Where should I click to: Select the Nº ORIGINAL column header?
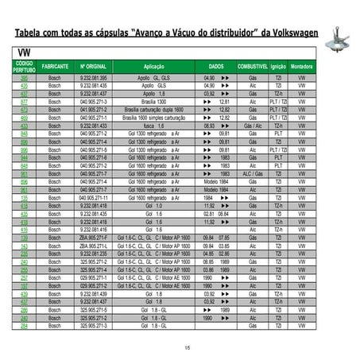click(94, 67)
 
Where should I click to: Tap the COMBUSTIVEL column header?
click(253, 67)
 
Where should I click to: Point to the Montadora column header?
click(301, 67)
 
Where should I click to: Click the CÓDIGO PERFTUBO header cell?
click(25, 67)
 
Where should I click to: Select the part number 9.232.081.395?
click(94, 79)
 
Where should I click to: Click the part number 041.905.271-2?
click(94, 110)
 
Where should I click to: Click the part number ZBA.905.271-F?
click(94, 238)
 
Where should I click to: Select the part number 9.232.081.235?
click(94, 254)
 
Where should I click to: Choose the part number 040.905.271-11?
click(94, 197)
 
